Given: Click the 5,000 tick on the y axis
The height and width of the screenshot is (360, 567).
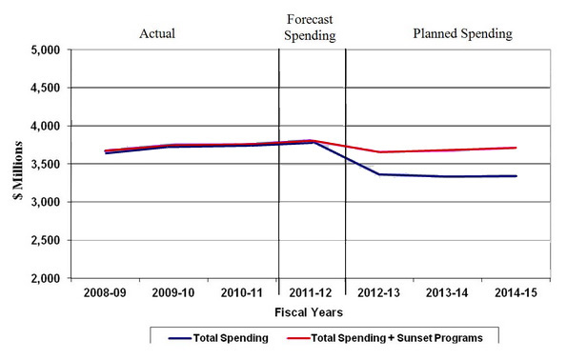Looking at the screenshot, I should (x=46, y=50).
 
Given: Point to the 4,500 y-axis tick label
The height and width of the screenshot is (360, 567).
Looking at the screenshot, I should (x=46, y=88).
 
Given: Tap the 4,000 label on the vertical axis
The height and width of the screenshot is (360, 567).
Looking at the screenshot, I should (x=46, y=126).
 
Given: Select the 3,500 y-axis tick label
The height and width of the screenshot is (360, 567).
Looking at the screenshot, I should (x=46, y=164).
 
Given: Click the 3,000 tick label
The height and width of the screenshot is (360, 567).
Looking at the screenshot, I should (x=46, y=202).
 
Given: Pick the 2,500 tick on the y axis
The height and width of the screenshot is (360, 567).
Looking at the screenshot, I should (x=46, y=240).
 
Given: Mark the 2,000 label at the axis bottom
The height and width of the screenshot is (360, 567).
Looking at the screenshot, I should (x=46, y=278).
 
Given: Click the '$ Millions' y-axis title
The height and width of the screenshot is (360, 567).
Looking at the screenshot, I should (x=16, y=164).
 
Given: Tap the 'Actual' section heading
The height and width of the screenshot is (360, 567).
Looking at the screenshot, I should (x=157, y=33).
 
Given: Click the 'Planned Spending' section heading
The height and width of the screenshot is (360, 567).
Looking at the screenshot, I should (x=462, y=33).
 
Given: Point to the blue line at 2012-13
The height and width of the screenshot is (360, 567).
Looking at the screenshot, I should (x=379, y=174).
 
